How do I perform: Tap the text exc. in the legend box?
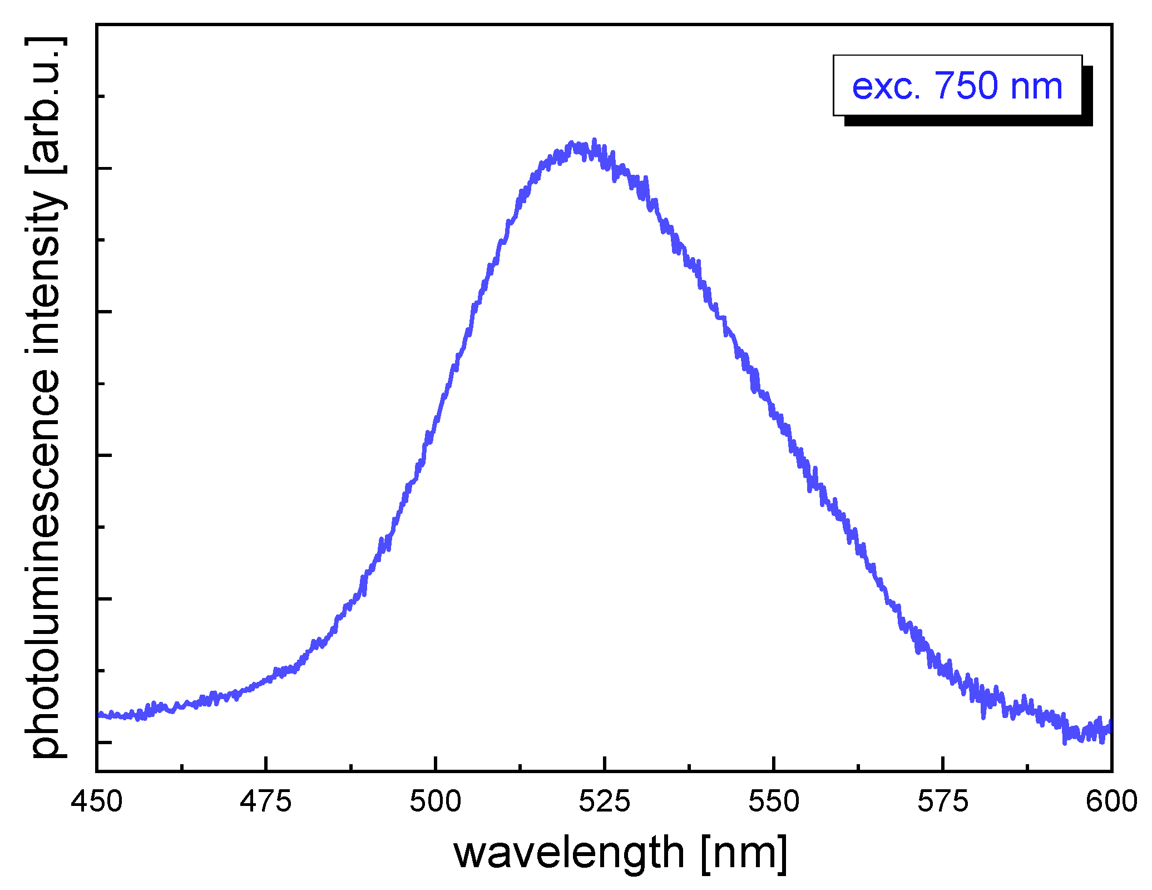click(x=886, y=87)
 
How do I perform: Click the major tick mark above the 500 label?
click(x=436, y=764)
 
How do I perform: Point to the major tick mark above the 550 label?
click(x=774, y=764)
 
